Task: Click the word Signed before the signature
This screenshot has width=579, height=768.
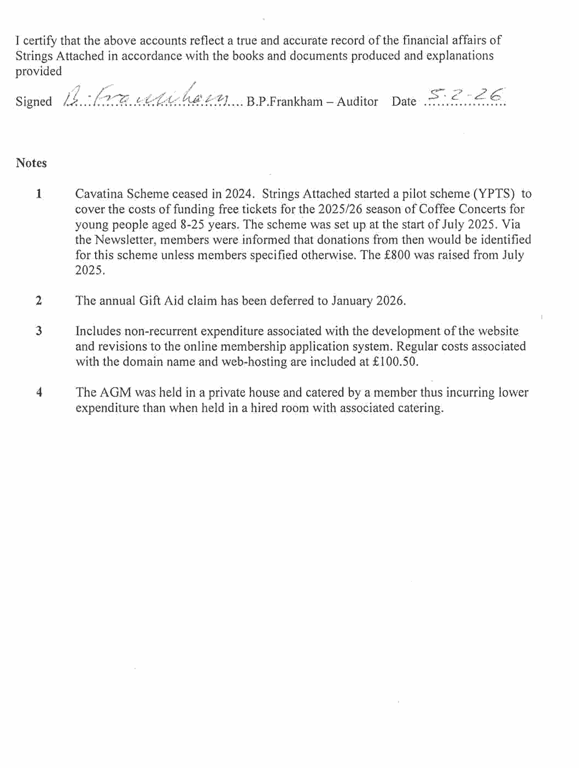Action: (33, 102)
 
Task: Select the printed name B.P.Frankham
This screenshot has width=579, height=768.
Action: (285, 102)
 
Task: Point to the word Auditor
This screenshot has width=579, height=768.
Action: (357, 102)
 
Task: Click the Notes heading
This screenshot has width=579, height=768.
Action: (31, 163)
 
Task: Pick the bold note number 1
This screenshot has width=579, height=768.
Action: (39, 194)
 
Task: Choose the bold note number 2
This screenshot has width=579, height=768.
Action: (39, 301)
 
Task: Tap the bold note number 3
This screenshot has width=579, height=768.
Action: (39, 331)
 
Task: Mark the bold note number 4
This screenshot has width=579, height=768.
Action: (39, 392)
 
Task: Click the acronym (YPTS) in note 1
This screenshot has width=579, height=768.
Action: (494, 194)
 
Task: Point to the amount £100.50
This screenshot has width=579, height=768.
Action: (395, 362)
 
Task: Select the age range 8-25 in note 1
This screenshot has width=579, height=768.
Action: (192, 224)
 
